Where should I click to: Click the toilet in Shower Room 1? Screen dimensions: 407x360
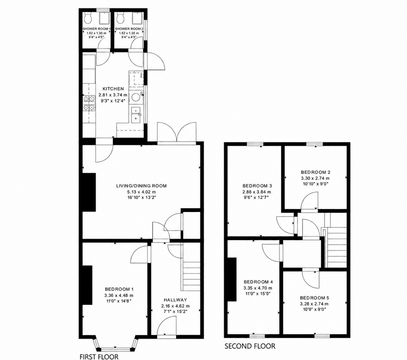pos(88,18)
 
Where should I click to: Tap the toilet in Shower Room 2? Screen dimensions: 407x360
pos(120,18)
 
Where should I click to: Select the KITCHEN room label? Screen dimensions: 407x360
pos(113,89)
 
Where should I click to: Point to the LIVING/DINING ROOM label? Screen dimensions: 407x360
pos(141,186)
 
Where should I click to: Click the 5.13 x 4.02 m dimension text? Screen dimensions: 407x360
pos(141,192)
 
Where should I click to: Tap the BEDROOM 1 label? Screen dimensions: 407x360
pos(119,289)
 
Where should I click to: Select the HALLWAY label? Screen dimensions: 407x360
pos(175,300)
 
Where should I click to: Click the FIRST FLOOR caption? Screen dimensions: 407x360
pos(99,357)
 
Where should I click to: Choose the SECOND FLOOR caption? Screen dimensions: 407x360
pos(250,346)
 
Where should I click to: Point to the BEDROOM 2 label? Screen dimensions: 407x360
pos(315,172)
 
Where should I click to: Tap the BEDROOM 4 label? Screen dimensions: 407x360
pos(258,282)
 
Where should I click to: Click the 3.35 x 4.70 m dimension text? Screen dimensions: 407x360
pos(258,288)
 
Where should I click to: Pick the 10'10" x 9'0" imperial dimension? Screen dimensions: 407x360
pos(315,184)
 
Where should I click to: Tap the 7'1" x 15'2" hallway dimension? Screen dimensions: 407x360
pos(175,311)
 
